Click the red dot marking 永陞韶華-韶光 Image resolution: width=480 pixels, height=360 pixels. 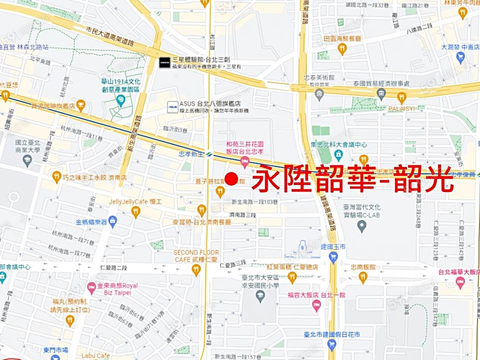231,179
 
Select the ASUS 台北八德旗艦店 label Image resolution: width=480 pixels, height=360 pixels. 211,104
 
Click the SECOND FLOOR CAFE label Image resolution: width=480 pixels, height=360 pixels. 196,255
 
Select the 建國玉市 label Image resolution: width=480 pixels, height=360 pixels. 334,246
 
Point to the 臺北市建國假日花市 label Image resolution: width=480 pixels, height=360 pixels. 332,334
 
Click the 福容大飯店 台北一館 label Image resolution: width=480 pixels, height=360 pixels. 316,294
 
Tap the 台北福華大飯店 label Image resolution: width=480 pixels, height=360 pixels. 458,272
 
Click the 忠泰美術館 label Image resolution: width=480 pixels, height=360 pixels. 318,78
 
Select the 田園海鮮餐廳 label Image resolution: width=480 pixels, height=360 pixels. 342,39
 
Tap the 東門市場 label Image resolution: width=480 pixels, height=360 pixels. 55,350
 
